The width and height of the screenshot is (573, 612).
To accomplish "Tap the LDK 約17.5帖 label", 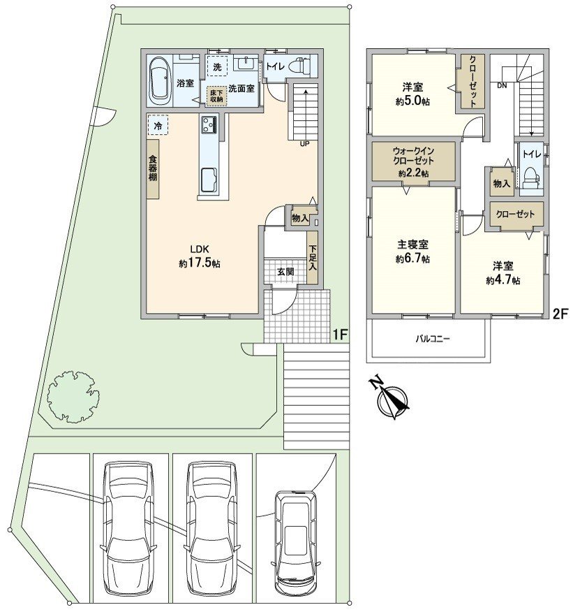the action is point(200,256).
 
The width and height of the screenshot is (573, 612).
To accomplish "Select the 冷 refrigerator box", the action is point(158,125).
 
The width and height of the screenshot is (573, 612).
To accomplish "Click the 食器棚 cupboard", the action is point(153,168).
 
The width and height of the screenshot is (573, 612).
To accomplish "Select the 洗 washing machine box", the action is point(217,66).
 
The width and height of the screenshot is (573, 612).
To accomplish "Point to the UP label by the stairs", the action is point(304,144).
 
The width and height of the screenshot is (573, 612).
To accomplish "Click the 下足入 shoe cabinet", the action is point(313,258).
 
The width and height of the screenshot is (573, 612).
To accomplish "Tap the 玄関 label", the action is point(285,271).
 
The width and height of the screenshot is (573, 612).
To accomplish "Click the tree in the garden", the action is point(73,395).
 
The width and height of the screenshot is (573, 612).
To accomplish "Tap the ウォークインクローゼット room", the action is point(413,161).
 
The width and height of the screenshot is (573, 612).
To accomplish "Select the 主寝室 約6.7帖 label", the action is point(413,252).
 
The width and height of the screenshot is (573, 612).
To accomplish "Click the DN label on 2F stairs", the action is point(502,85).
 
